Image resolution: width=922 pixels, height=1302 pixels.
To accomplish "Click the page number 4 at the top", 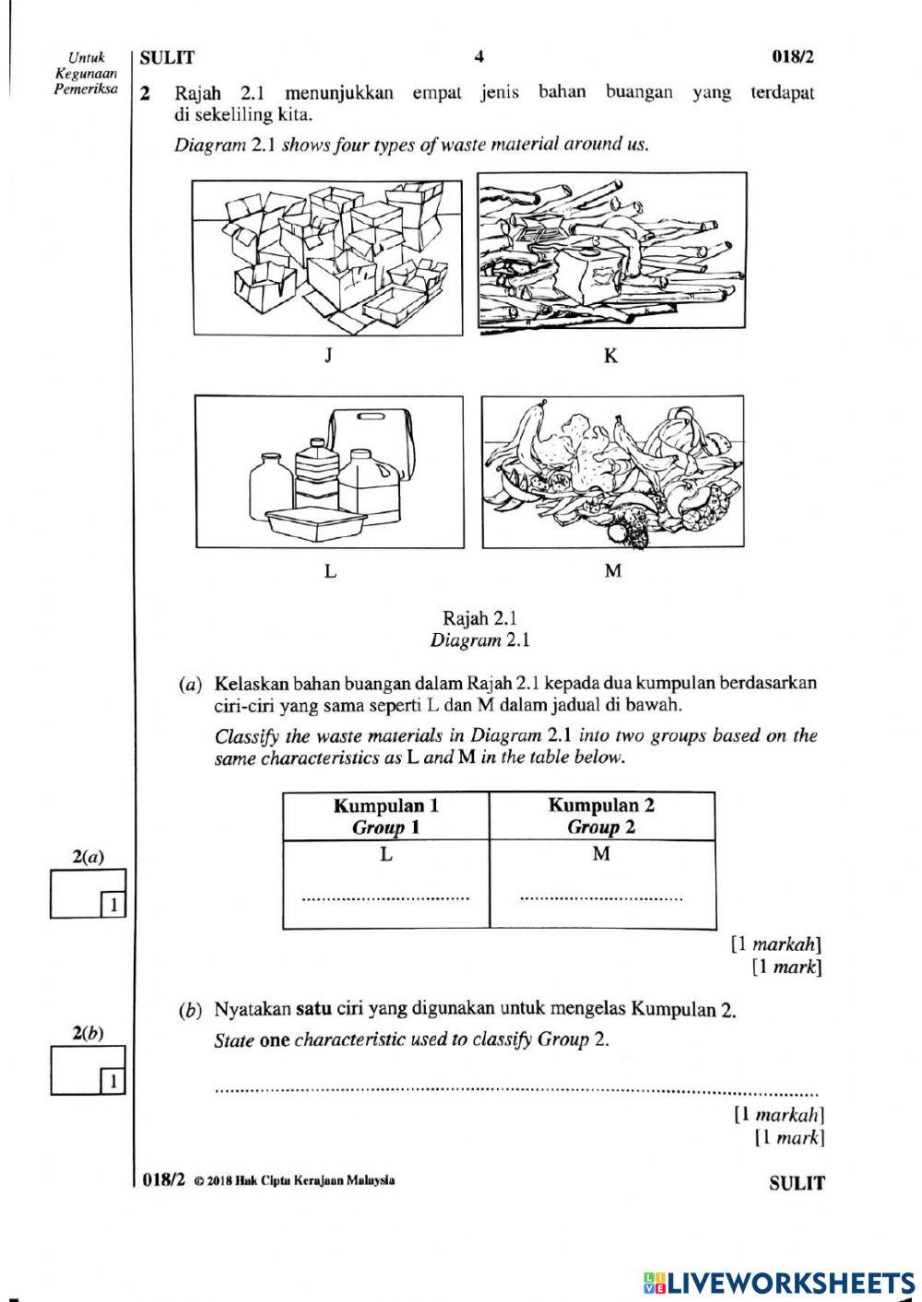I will tap(479, 57).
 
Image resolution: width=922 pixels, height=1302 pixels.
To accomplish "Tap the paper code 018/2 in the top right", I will tap(793, 57).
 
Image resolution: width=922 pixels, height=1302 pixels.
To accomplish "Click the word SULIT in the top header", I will tap(167, 58).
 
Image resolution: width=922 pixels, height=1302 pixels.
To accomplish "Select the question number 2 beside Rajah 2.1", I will tap(145, 93).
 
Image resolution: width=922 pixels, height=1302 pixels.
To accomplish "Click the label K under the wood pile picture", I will tap(610, 356).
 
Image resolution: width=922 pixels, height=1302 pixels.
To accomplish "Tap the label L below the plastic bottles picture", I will tap(330, 571).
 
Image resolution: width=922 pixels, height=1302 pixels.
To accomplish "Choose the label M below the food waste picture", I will tap(612, 571).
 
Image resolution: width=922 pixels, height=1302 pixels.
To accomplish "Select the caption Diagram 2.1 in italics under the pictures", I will tap(479, 640).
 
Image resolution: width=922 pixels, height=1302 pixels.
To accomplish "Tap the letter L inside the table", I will tap(386, 854).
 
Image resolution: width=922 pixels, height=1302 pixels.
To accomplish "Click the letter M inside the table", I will tap(601, 854).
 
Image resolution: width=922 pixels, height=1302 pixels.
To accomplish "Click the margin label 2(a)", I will tap(88, 857).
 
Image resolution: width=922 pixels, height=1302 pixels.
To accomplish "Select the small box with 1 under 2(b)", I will tap(112, 1080).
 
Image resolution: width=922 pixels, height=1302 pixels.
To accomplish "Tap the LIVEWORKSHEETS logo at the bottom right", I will tap(779, 1282).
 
